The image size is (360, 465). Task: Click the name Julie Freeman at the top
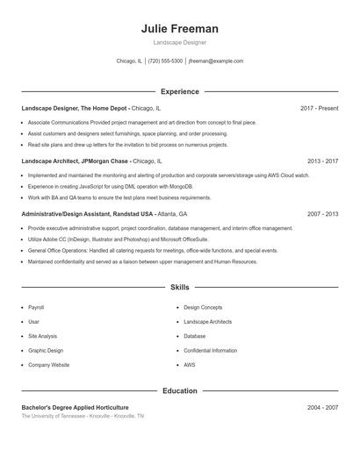coord(180,29)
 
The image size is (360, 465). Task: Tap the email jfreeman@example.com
coord(215,61)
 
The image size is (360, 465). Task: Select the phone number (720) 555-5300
coord(165,61)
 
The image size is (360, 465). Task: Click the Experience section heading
coord(180,91)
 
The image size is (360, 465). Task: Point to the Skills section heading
coord(180,287)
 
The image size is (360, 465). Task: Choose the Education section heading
coord(180,390)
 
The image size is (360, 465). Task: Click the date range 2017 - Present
coord(319,108)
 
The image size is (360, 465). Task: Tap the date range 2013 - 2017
coord(323,161)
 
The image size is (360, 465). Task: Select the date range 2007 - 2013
coord(323,214)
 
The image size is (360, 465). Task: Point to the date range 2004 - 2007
coord(323,408)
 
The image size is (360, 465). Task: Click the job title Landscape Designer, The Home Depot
coord(75,108)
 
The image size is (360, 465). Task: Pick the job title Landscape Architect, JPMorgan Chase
coord(76,161)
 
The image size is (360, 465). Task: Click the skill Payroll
coord(36,308)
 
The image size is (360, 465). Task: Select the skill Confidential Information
coord(211,350)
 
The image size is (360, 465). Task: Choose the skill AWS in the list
coord(190,364)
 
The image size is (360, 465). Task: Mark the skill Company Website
coord(48,364)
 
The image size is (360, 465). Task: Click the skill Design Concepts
coord(203,308)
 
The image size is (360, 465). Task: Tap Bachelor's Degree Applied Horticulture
coord(75,408)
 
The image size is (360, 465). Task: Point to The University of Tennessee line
coord(83,416)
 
